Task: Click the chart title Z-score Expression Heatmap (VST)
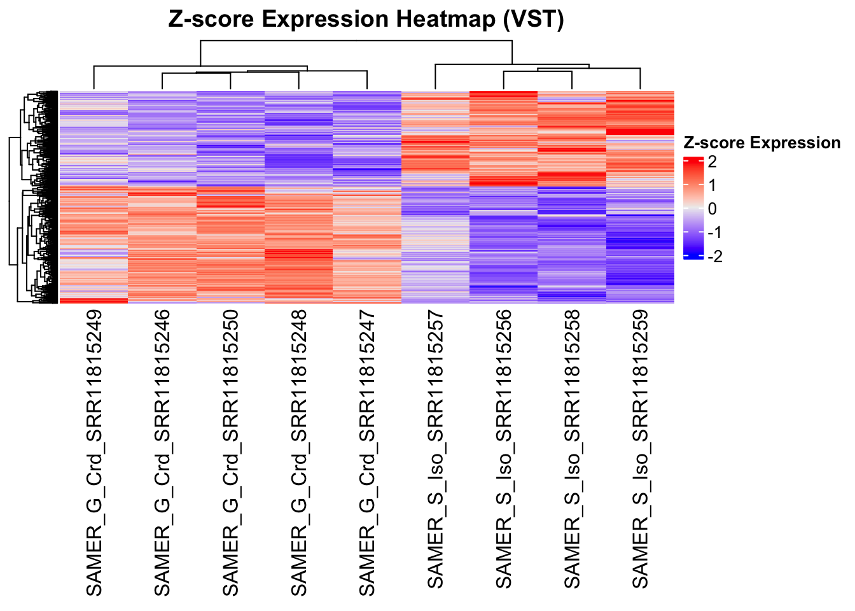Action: point(366,19)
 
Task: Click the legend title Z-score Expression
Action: point(761,143)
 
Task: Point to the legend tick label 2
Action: point(712,162)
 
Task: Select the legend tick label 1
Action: point(712,185)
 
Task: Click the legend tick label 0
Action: point(712,209)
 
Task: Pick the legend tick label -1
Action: point(715,232)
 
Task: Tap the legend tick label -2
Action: point(715,256)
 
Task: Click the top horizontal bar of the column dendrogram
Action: point(356,41)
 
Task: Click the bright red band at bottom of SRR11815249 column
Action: point(94,300)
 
